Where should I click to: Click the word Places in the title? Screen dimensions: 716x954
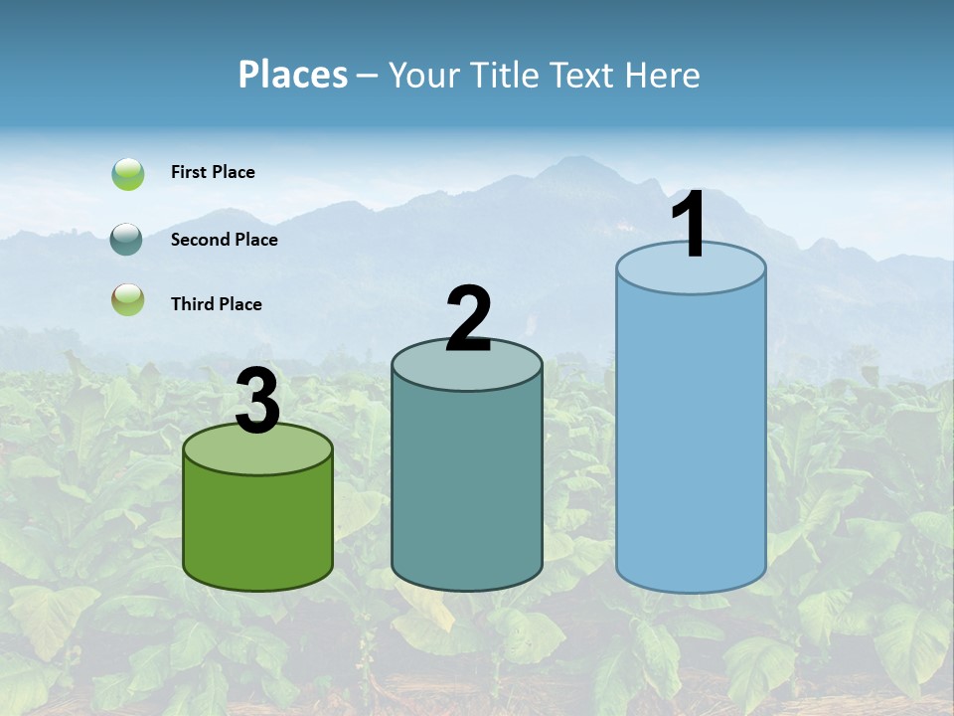292,75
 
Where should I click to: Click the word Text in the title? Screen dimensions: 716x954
583,75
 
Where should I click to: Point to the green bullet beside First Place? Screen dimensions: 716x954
128,174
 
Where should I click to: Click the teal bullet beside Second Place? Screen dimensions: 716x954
127,240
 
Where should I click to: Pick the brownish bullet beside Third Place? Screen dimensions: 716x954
127,299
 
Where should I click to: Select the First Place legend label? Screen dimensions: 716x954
213,172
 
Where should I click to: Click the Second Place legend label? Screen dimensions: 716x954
224,240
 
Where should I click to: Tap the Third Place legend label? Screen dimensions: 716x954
216,304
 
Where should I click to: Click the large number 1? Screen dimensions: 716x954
690,226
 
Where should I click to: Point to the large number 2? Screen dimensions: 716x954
468,319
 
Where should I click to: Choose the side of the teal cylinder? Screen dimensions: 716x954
466,487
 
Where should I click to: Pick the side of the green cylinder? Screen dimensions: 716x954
257,527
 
